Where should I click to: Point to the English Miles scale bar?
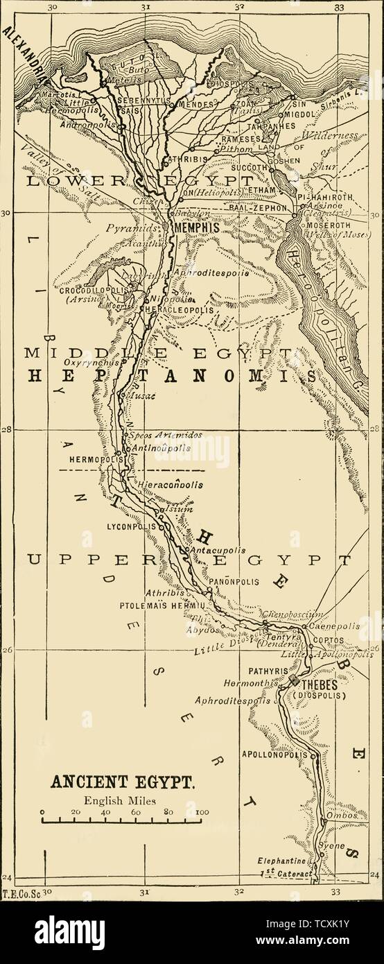(x=122, y=821)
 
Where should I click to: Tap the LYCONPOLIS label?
(x=130, y=526)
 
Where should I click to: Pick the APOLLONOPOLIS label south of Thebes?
(x=274, y=754)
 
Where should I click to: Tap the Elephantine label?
(x=281, y=860)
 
